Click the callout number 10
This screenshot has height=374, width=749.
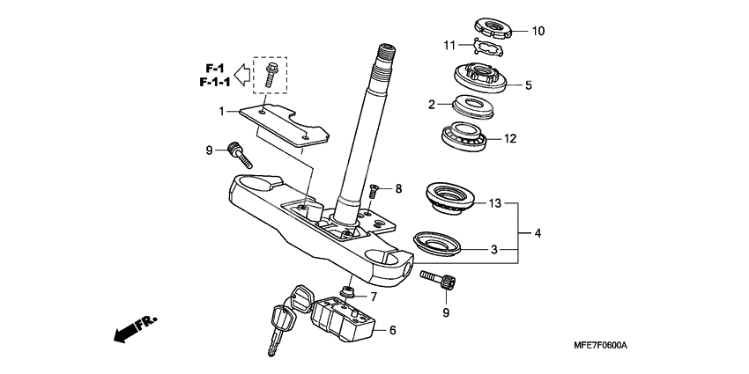538,31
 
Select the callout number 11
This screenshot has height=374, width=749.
450,44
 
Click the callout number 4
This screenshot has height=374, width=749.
538,233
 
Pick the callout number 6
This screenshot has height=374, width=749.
392,330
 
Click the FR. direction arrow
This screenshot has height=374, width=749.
133,332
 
